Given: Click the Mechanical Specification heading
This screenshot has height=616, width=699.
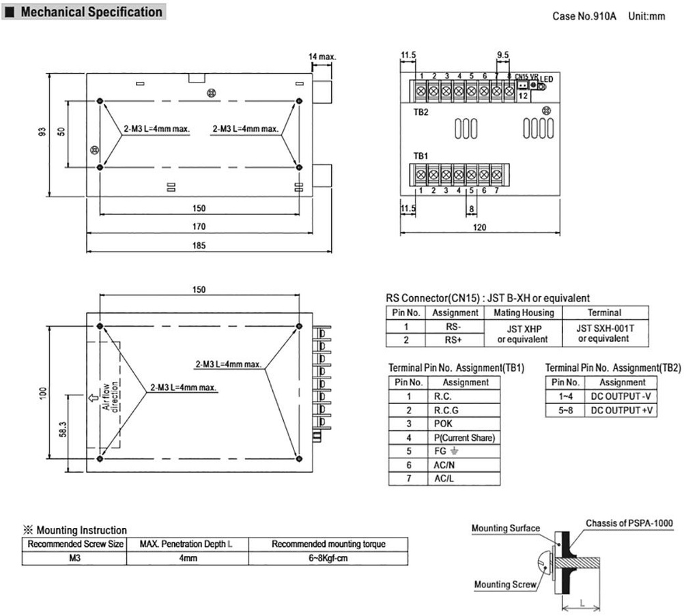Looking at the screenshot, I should click(x=91, y=12).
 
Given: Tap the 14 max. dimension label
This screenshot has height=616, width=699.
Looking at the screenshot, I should click(x=322, y=57).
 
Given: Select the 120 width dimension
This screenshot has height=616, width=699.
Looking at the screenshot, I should click(x=479, y=228).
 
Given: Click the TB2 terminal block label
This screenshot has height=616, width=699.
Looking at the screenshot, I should click(x=420, y=113).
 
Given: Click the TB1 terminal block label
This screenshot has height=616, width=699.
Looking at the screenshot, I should click(x=420, y=156).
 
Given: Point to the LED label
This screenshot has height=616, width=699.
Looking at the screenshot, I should click(x=547, y=79).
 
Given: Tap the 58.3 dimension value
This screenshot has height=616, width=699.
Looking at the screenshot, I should click(x=63, y=430).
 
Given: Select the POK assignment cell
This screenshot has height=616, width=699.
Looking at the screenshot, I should click(x=444, y=424).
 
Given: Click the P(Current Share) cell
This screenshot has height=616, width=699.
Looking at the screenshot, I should click(x=464, y=437).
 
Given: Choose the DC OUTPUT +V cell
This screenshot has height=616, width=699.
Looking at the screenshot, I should click(x=622, y=410).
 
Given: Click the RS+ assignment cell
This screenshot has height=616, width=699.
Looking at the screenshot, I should click(x=454, y=339).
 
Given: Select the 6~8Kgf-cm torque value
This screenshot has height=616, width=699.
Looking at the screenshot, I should click(x=328, y=558).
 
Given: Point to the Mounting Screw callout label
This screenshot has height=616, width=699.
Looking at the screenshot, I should click(x=504, y=584).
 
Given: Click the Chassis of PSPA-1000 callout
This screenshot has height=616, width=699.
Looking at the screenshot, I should click(x=629, y=523).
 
